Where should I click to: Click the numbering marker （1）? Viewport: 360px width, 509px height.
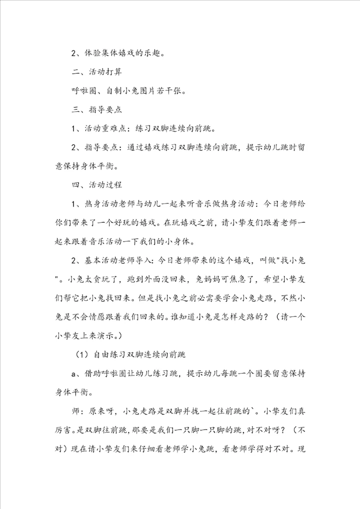click(80, 355)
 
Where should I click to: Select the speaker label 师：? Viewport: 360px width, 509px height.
click(78, 411)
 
